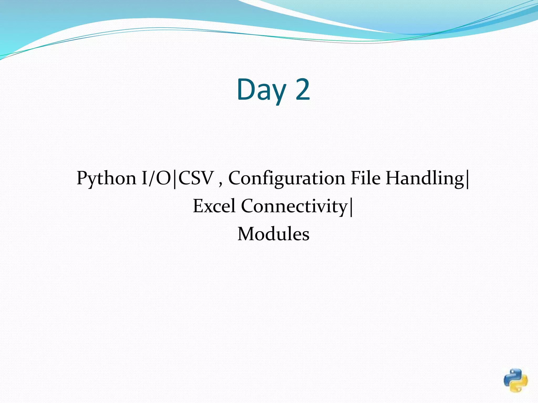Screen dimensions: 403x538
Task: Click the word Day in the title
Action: click(x=261, y=90)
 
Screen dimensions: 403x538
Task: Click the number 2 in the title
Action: click(x=303, y=90)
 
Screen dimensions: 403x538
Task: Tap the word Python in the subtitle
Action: click(x=106, y=178)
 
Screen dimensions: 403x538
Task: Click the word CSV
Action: click(x=196, y=178)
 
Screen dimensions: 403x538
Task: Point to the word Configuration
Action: click(x=286, y=178)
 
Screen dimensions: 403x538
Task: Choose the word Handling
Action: click(x=425, y=178)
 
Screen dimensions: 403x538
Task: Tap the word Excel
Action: click(x=214, y=206)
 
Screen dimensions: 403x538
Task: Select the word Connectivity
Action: click(x=294, y=206)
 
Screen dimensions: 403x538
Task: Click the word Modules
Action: click(x=273, y=234)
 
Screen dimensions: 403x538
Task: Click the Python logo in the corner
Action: click(x=516, y=380)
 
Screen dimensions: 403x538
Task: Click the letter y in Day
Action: click(x=279, y=93)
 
